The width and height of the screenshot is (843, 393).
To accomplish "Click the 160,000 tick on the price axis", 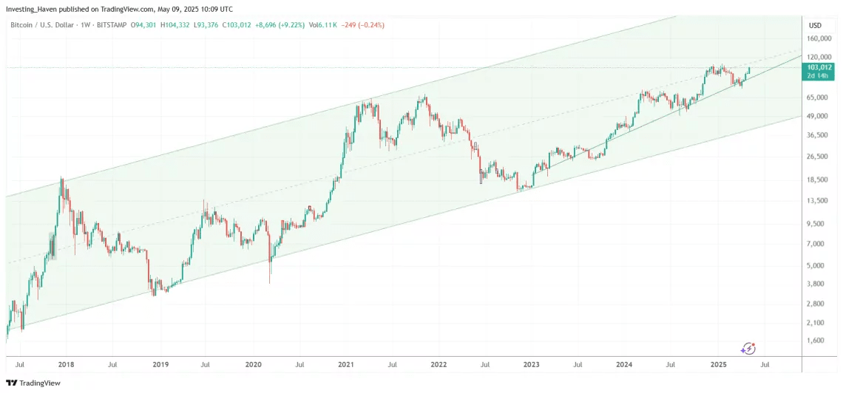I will pos(820,38).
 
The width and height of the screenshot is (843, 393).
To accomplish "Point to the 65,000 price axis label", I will pos(819,97).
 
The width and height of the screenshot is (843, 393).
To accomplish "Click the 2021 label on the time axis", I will pos(346,365).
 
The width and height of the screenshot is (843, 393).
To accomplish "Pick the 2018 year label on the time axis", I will pos(66,365).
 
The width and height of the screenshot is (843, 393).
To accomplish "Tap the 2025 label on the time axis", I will pos(718,365).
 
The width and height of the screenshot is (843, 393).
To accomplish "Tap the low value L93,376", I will pos(220,24).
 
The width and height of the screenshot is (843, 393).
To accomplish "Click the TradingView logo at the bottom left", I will pos(33,383).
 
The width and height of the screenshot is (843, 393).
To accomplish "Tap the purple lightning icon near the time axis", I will pos(748,348).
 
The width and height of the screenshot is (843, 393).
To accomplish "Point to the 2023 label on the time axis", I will pos(531,365).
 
